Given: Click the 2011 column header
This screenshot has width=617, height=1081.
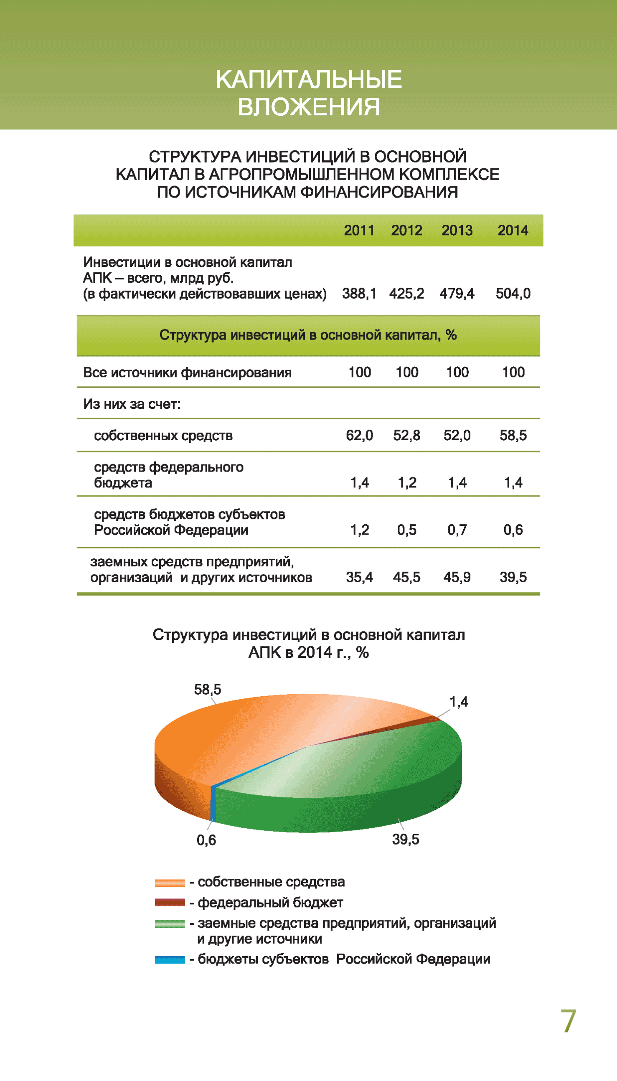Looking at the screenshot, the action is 359,231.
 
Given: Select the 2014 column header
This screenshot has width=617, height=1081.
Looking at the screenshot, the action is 513,231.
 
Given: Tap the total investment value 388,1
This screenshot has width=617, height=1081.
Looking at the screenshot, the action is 359,294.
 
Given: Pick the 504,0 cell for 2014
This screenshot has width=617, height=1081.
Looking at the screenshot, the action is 513,294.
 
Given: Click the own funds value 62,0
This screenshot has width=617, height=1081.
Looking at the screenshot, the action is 359,436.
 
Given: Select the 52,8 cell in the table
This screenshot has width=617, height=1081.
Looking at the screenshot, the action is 407,436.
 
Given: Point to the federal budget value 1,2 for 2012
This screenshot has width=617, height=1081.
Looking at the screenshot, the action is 407,482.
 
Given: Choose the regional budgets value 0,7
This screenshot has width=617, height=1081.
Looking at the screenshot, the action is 457,530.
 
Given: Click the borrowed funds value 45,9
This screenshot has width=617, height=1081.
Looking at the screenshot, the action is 457,577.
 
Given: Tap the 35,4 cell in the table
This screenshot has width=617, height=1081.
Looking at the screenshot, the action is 359,577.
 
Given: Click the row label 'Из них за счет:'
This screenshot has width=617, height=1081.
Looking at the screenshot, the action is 132,404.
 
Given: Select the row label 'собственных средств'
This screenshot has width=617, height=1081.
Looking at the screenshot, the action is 163,436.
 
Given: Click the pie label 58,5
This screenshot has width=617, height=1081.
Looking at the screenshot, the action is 208,690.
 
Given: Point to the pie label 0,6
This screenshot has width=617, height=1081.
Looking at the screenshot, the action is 206,840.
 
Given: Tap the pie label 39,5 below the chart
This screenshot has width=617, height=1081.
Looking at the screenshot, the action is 406,839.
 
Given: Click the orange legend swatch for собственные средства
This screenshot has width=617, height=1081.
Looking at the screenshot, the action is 170,883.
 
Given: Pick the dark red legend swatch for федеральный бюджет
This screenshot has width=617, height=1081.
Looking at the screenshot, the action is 170,903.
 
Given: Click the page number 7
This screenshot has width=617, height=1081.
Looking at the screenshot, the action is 568,1021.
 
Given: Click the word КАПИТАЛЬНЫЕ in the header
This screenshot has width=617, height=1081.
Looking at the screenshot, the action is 308,79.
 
